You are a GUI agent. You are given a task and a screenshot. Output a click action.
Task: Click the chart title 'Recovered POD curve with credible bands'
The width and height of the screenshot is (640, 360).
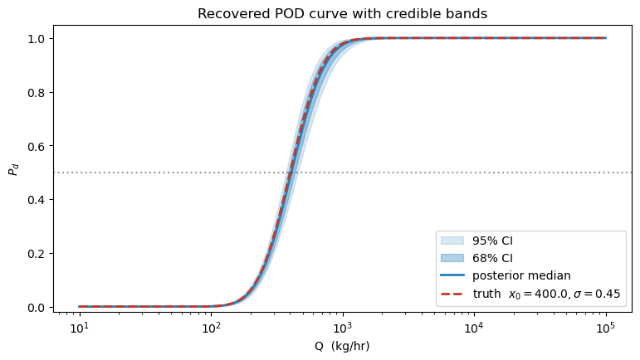click(x=343, y=14)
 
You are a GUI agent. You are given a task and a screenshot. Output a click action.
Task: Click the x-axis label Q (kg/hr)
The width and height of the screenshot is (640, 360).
click(x=343, y=346)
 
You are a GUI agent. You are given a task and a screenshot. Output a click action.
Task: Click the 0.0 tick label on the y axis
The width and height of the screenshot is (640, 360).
click(x=37, y=307)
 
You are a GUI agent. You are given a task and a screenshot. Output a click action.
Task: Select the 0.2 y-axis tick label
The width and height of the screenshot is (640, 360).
click(x=37, y=253)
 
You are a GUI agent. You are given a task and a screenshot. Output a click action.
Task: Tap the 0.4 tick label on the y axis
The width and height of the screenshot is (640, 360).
click(x=37, y=200)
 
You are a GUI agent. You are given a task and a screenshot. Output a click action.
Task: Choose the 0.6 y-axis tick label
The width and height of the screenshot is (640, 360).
click(x=37, y=146)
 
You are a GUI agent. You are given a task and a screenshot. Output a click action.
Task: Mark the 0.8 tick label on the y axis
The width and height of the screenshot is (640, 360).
click(x=37, y=92)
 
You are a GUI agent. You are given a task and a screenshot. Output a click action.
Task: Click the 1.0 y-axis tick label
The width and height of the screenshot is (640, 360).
click(x=37, y=39)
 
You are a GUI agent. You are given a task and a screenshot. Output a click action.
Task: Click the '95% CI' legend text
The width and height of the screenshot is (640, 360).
click(x=491, y=241)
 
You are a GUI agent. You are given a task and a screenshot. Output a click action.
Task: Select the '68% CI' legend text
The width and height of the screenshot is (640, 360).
click(x=491, y=258)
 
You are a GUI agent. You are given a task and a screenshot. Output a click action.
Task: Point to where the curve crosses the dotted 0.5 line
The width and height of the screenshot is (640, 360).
click(x=290, y=173)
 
